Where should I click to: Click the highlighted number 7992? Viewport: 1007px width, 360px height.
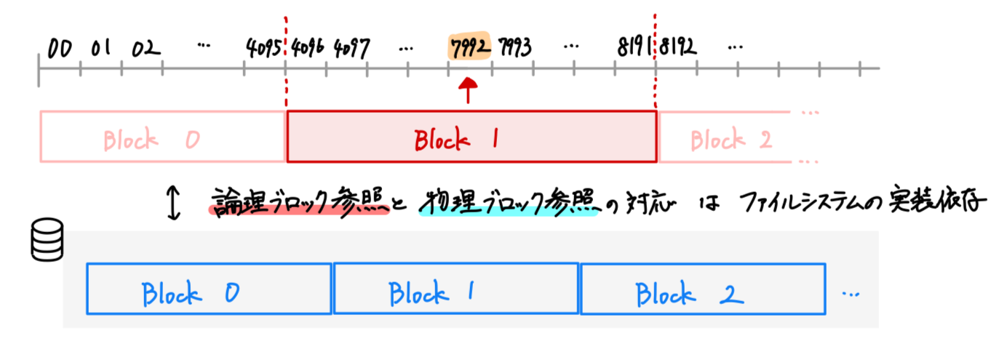469,49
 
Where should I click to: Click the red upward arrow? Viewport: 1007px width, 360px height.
469,92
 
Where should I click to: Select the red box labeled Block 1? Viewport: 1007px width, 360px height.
471,137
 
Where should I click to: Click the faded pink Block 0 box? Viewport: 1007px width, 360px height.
162,137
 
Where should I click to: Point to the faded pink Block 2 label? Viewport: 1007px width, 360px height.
731,138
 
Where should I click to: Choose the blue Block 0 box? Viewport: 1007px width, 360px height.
209,289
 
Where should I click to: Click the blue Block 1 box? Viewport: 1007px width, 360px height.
455,289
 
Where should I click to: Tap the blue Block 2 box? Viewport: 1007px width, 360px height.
702,289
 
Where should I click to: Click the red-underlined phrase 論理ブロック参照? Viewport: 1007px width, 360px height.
298,203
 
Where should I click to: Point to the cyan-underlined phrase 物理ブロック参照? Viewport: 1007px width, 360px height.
508,203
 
